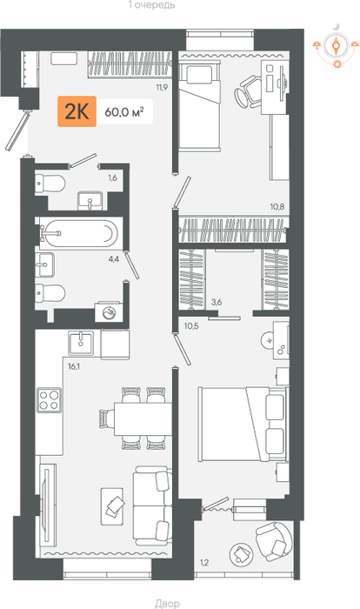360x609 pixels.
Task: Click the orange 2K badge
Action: pyautogui.click(x=77, y=111)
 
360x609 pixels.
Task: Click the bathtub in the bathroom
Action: pyautogui.click(x=81, y=233)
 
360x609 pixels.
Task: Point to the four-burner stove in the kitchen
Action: pyautogui.click(x=49, y=400)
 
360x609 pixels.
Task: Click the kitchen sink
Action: pyautogui.click(x=81, y=343)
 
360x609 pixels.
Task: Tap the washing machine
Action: pyautogui.click(x=109, y=311)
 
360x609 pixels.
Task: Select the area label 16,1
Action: pyautogui.click(x=74, y=366)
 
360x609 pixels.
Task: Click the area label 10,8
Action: pyautogui.click(x=277, y=207)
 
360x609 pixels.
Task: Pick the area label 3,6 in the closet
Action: pyautogui.click(x=216, y=302)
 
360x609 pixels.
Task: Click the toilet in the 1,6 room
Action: pyautogui.click(x=50, y=184)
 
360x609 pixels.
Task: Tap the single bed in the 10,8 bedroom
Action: pyautogui.click(x=200, y=105)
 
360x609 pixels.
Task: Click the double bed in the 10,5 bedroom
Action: pyautogui.click(x=243, y=424)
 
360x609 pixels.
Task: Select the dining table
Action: pyautogui.click(x=143, y=418)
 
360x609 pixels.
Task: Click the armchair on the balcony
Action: pyautogui.click(x=274, y=541)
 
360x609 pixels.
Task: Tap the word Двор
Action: pyautogui.click(x=167, y=603)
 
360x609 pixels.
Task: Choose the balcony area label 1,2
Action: pyautogui.click(x=204, y=562)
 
